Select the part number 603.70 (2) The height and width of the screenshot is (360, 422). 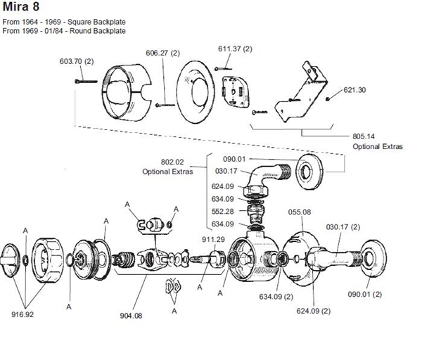pos(80,61)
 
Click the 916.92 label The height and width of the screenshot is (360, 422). pos(22,314)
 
